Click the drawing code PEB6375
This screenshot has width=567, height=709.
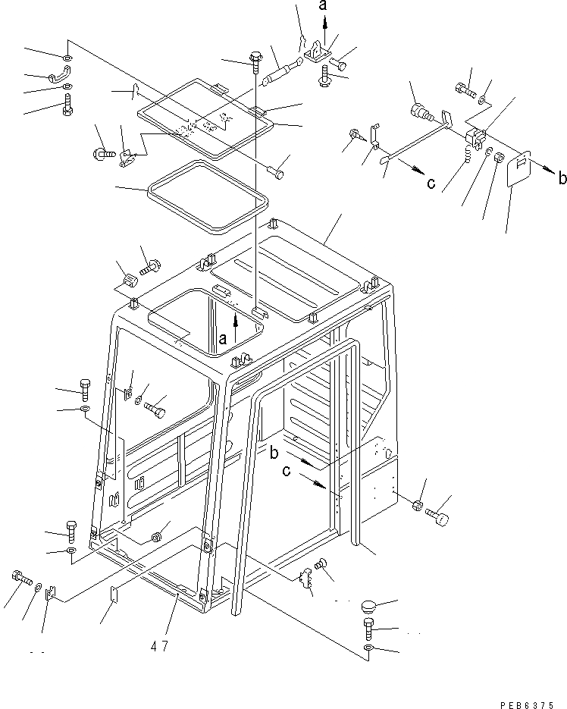[x=531, y=703]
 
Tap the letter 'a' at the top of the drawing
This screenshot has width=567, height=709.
[x=324, y=7]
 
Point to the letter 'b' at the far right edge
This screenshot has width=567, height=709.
[x=561, y=179]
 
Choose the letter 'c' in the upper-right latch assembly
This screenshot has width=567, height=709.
[x=431, y=183]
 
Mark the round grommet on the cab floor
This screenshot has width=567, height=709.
[x=158, y=537]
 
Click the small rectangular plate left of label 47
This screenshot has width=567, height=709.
[x=115, y=593]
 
